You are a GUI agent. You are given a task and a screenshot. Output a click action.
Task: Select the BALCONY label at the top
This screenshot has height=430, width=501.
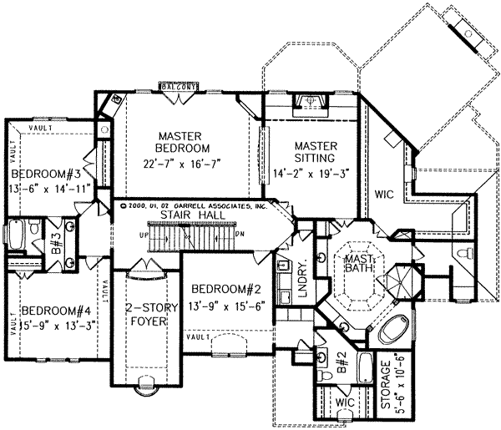click(179, 85)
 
